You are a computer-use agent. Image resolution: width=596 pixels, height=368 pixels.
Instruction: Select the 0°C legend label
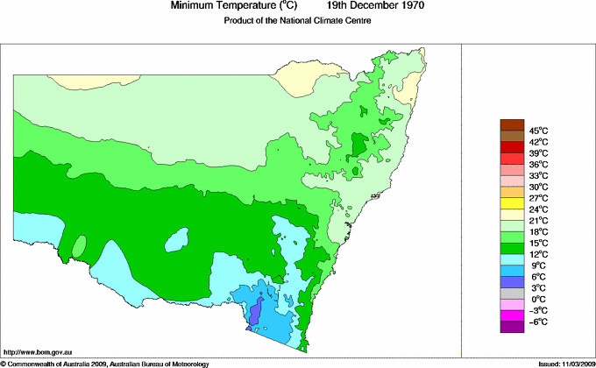(x=537, y=299)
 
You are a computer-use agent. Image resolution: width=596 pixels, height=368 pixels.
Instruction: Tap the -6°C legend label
(x=537, y=322)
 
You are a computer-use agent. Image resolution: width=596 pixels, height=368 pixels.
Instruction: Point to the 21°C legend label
(x=537, y=220)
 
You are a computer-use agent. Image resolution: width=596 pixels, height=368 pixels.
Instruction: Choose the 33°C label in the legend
(x=537, y=175)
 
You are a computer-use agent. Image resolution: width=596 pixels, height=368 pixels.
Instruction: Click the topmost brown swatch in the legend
(x=512, y=124)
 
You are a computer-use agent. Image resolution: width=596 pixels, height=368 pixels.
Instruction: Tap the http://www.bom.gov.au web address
(x=39, y=350)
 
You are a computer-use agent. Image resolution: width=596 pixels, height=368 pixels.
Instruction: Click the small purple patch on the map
(x=255, y=313)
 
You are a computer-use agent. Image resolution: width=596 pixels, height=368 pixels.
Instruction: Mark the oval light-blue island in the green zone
(x=178, y=238)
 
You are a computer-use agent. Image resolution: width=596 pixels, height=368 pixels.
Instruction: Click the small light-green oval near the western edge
(x=78, y=248)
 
